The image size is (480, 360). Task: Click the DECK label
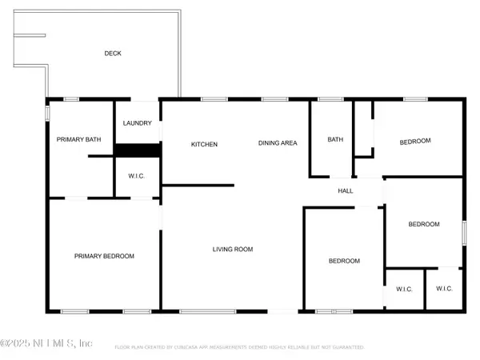[x=113, y=54]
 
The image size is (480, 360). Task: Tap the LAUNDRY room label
[x=137, y=123]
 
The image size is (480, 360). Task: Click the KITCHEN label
[x=204, y=144]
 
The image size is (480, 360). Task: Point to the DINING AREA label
[x=278, y=143]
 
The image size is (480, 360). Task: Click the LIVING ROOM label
[x=232, y=250]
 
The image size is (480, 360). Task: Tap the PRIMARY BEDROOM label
[x=104, y=256]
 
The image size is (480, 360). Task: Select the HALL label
[x=346, y=190]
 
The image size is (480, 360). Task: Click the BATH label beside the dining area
[x=335, y=140]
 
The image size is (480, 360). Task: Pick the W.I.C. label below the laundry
[x=137, y=175]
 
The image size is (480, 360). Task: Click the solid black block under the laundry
[x=138, y=150]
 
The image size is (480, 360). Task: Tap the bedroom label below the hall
[x=345, y=261]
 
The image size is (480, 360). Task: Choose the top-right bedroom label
[x=415, y=141]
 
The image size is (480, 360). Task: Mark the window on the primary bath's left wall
[x=47, y=114]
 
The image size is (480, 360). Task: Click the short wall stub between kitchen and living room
[x=198, y=186]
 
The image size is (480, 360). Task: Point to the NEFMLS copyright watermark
[x=46, y=344]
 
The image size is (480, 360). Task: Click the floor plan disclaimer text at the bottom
[x=240, y=348]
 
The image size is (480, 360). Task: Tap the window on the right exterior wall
[x=463, y=232]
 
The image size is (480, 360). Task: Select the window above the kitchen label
[x=213, y=99]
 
